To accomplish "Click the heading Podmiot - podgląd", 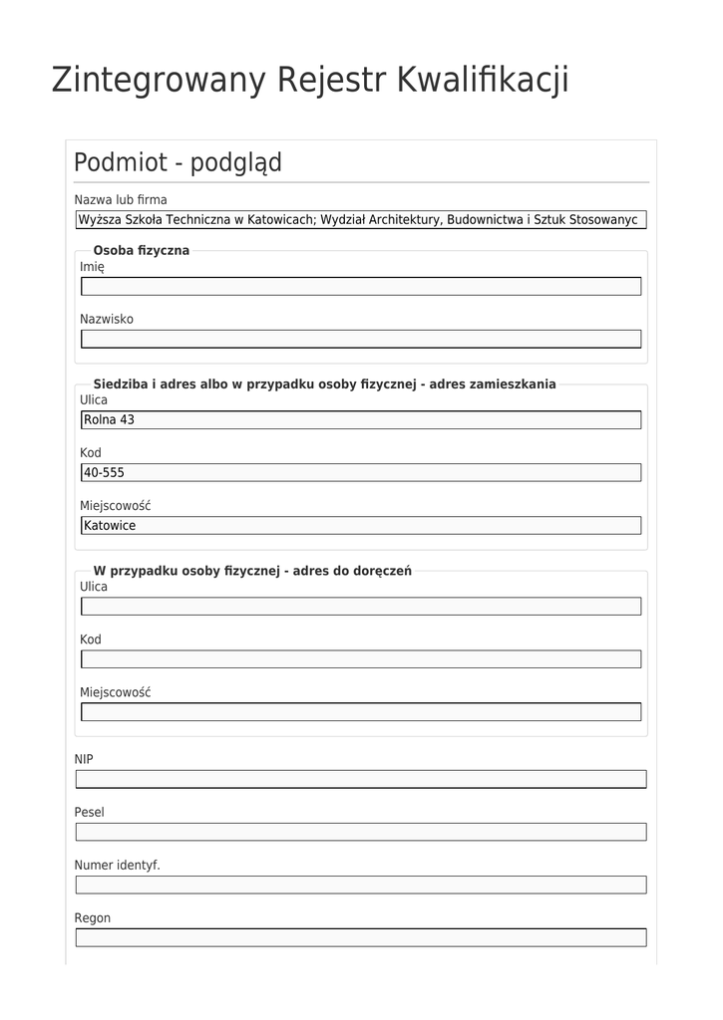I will (x=178, y=162).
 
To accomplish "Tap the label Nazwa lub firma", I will (x=121, y=199).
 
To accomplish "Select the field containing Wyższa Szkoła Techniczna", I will (x=361, y=220).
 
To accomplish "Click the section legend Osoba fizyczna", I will (x=141, y=250).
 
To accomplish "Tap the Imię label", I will (x=92, y=266).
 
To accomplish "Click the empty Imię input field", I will (x=361, y=287).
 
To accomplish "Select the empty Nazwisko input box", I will (x=361, y=340).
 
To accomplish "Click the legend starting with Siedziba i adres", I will (x=324, y=383).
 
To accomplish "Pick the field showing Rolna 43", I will (x=361, y=420).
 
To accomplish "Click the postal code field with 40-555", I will (x=361, y=473).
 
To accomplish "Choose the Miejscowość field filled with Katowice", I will (x=361, y=526).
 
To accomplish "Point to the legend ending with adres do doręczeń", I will (x=252, y=571).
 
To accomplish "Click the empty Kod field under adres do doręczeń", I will (x=361, y=659).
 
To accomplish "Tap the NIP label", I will (x=84, y=759).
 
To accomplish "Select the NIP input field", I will (x=361, y=779).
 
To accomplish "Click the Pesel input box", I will (x=361, y=832).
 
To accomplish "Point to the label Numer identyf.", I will (x=117, y=865).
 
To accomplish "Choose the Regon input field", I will (x=361, y=937).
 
